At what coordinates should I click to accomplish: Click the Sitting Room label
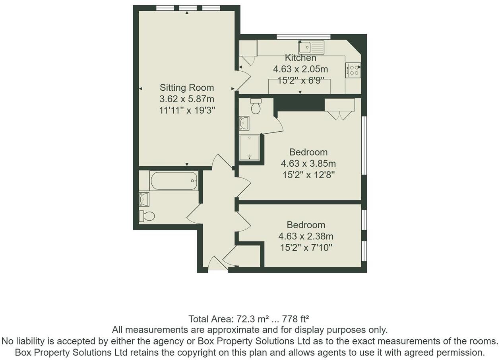[186, 88]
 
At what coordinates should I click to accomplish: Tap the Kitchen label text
[300, 58]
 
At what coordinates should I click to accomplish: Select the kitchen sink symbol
[311, 48]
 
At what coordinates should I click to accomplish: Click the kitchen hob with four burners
[353, 70]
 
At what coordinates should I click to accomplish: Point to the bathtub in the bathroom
[174, 181]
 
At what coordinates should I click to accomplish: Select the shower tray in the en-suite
[249, 148]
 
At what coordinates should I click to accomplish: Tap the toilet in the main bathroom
[147, 216]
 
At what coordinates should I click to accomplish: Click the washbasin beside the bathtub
[144, 199]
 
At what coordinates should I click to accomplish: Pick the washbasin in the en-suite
[244, 123]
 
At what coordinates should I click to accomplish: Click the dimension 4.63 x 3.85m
[308, 163]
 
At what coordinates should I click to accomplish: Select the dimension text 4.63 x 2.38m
[306, 236]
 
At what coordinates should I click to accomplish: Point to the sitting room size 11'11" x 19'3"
[187, 111]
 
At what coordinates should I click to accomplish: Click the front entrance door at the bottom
[216, 265]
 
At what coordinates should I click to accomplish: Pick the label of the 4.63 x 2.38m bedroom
[306, 225]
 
